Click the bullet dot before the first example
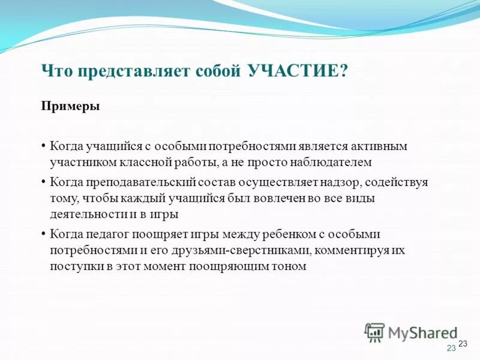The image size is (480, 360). (44, 146)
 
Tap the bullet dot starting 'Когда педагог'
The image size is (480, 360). (44, 235)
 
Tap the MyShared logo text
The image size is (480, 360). (422, 332)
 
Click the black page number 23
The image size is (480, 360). (463, 343)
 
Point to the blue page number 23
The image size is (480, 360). (451, 349)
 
